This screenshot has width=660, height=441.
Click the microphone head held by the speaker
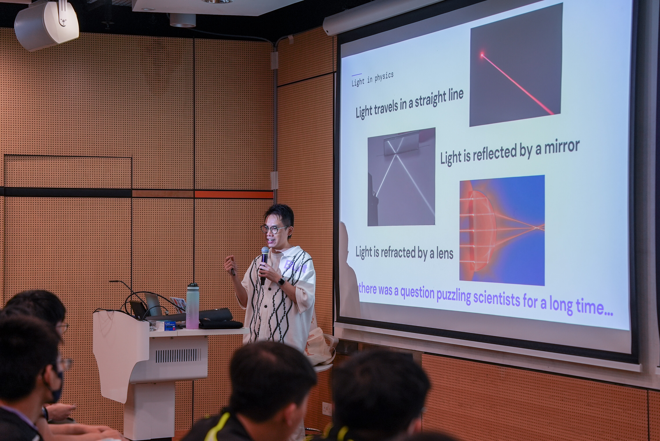click(x=265, y=251)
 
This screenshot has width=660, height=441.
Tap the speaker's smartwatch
click(x=281, y=281)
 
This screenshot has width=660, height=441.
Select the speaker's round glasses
click(x=273, y=229)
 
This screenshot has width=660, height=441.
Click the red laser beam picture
click(x=516, y=65)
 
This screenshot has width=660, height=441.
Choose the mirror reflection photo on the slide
click(x=401, y=177)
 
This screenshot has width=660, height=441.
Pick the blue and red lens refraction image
click(x=502, y=230)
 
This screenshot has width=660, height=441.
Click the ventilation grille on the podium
click(x=178, y=355)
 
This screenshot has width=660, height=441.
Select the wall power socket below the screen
click(x=327, y=409)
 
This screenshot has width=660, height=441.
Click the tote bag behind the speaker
click(x=321, y=347)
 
